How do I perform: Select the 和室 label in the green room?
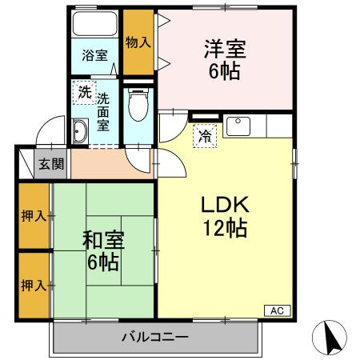coord(102,238)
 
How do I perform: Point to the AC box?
coord(276,310)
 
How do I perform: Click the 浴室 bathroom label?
coord(94,55)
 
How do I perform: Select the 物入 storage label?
coord(138,41)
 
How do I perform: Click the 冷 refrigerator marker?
coord(205,137)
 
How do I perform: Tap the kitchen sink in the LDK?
coord(239,125)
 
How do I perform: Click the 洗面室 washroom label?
coord(104,113)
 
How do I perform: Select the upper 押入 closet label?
coord(33,216)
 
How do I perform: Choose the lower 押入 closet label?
coord(33,285)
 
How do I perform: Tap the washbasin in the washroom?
coord(79,131)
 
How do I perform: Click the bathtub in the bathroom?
coord(95,25)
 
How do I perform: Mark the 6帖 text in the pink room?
coord(225,71)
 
